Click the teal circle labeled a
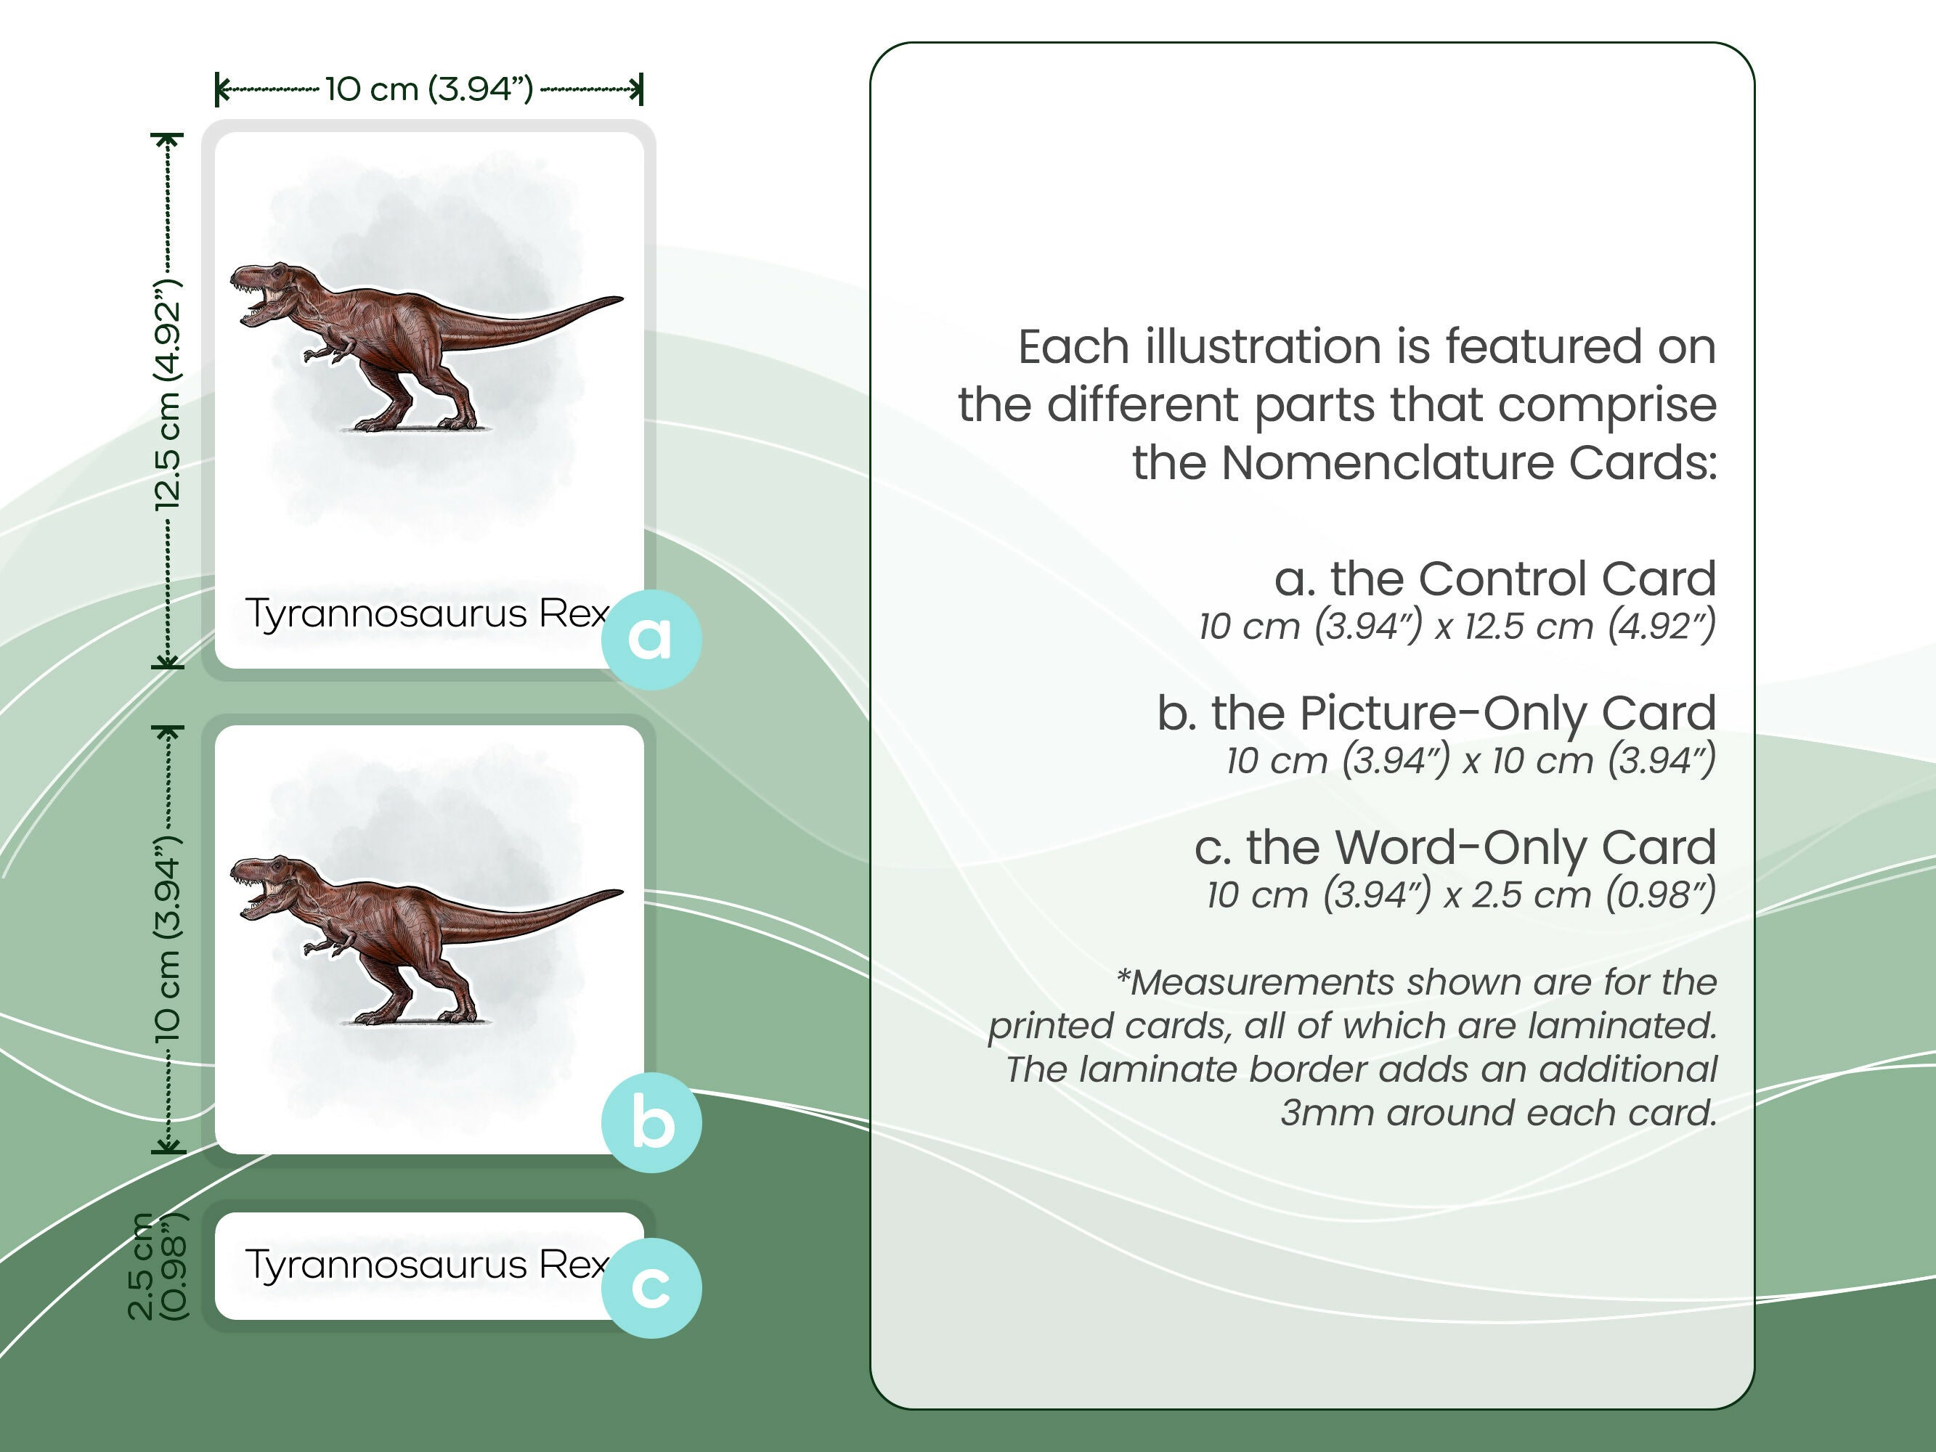(651, 639)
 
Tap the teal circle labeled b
(651, 1123)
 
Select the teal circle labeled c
(651, 1287)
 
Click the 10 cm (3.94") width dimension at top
(429, 89)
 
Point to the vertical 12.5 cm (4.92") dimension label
(167, 396)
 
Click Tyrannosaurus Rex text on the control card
(426, 613)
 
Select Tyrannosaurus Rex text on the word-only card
(426, 1265)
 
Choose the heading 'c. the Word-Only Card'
(1455, 847)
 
